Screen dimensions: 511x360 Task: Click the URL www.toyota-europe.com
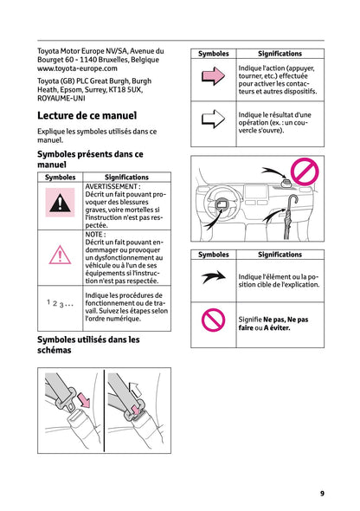[77, 68]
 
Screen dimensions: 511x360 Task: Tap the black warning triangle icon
[60, 204]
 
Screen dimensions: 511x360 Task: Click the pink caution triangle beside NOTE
[60, 255]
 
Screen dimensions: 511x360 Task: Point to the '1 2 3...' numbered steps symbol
[60, 304]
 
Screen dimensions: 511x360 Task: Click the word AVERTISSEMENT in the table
[112, 186]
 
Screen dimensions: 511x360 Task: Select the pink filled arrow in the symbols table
[213, 79]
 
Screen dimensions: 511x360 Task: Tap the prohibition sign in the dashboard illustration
[305, 171]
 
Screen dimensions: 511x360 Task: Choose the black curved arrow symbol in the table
[213, 277]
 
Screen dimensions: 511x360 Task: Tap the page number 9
[322, 493]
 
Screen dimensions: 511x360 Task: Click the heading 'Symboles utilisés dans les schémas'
[88, 346]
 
